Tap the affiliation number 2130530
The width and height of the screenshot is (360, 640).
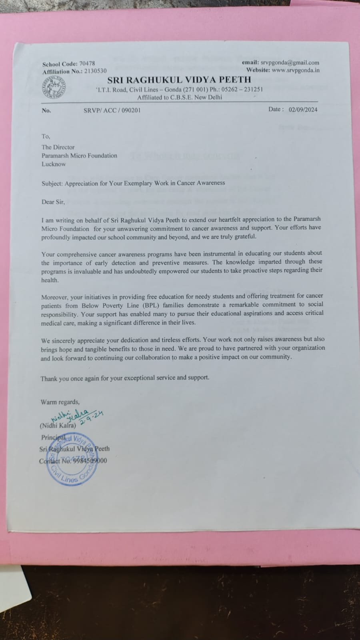pos(96,71)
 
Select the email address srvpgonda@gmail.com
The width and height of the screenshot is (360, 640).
pos(290,62)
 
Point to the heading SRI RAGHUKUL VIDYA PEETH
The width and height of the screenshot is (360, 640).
pos(179,80)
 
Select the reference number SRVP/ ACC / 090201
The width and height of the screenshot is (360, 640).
pos(109,110)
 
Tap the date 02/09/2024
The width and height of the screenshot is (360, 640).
pos(303,109)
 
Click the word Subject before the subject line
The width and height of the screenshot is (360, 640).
pos(52,183)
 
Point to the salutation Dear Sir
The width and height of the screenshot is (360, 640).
pos(53,202)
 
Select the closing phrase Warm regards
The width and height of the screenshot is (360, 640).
pos(60,402)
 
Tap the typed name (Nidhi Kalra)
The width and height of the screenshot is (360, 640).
pos(58,426)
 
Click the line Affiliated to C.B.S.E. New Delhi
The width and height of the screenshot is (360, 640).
pos(180,97)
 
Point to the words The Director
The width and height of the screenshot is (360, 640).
pos(58,147)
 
